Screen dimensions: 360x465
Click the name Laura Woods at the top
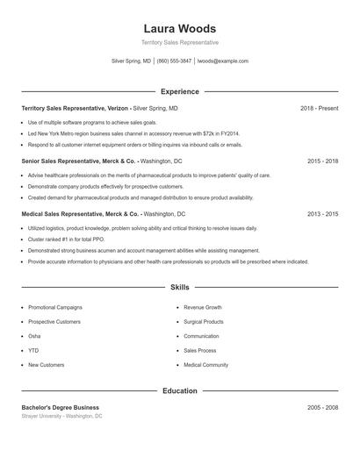179,28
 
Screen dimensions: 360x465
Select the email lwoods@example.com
223,61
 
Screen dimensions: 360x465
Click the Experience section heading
179,91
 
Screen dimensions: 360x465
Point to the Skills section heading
179,287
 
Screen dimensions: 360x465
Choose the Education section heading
179,390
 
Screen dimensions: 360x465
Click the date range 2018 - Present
319,109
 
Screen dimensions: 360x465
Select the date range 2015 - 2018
322,161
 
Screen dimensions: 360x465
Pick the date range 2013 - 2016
322,214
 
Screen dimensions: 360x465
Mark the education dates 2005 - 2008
322,407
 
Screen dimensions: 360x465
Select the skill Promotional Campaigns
55,308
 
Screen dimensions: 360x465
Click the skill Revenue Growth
203,308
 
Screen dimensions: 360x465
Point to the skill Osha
34,336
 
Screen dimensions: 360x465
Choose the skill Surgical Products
204,322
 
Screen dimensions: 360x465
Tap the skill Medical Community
205,364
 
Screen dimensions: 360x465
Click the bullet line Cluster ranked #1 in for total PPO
65,239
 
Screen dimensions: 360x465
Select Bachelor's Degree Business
61,407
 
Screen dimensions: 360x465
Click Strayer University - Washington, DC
62,416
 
